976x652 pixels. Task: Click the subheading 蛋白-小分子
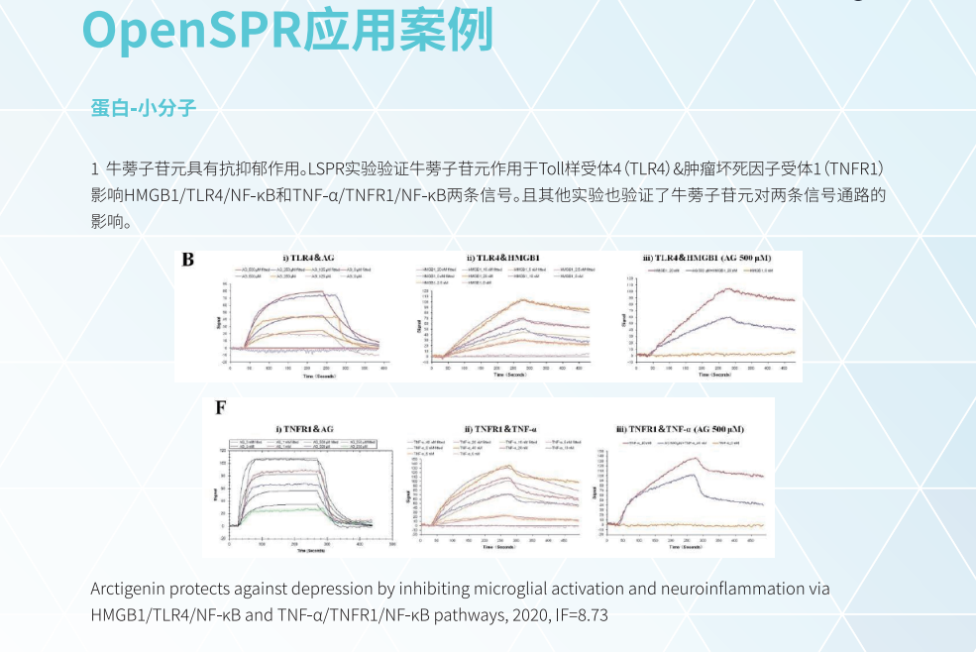point(143,108)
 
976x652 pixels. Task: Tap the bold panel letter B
point(187,260)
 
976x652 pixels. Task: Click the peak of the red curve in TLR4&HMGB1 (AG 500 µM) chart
point(730,289)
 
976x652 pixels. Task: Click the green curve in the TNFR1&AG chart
point(287,509)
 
